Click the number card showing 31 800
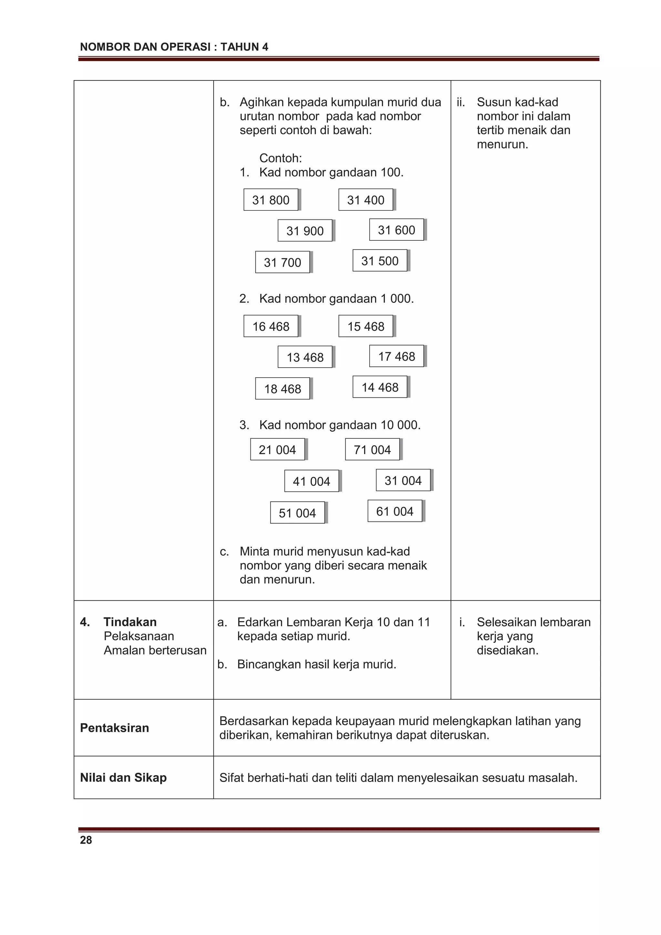pyautogui.click(x=271, y=200)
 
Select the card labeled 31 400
pyautogui.click(x=366, y=200)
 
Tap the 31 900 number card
pyautogui.click(x=305, y=231)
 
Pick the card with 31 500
pyautogui.click(x=380, y=261)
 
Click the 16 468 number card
pyautogui.click(x=271, y=326)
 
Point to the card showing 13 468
pyautogui.click(x=305, y=357)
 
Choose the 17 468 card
pyautogui.click(x=397, y=356)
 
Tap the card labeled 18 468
pyautogui.click(x=283, y=389)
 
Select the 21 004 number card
pyautogui.click(x=277, y=450)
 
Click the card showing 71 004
pyautogui.click(x=372, y=450)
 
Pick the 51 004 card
pyautogui.click(x=297, y=513)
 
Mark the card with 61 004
pyautogui.click(x=395, y=511)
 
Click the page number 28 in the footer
pyautogui.click(x=86, y=840)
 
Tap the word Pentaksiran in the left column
pyautogui.click(x=115, y=728)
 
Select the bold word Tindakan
pyautogui.click(x=130, y=622)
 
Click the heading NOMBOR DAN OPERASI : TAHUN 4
pyautogui.click(x=174, y=47)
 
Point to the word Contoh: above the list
pyautogui.click(x=280, y=158)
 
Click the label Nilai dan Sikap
pyautogui.click(x=123, y=777)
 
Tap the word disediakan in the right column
pyautogui.click(x=507, y=650)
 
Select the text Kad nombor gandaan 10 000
pyautogui.click(x=340, y=425)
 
